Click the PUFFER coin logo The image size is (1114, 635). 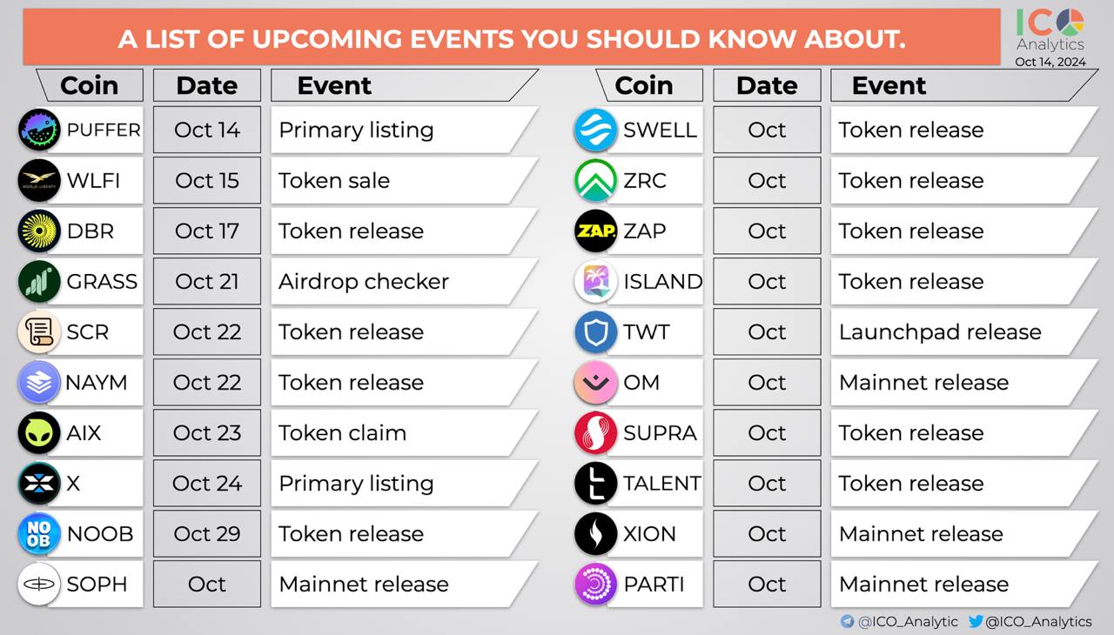click(39, 130)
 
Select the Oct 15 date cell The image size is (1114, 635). click(207, 180)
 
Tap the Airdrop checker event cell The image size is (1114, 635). click(404, 281)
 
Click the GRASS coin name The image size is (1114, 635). click(102, 282)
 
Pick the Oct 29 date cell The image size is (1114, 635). click(207, 533)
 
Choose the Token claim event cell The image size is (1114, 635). click(404, 433)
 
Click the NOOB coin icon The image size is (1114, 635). click(39, 533)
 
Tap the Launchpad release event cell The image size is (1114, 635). click(963, 332)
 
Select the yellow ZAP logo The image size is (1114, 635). click(595, 231)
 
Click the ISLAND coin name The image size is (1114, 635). click(663, 282)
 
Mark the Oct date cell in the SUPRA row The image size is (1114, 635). click(767, 433)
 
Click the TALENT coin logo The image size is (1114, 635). click(595, 483)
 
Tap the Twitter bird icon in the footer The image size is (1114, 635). click(976, 621)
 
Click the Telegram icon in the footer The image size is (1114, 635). click(847, 621)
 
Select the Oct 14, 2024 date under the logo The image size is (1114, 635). click(1050, 62)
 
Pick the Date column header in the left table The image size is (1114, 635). click(207, 85)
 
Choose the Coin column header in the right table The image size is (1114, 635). click(644, 85)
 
